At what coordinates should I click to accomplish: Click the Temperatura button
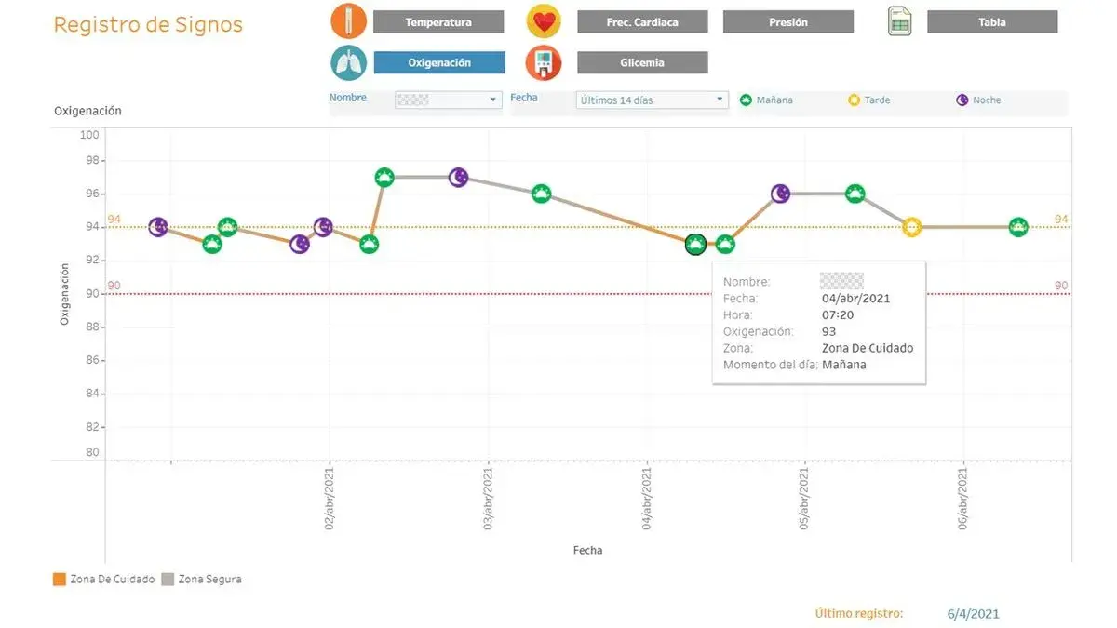[437, 22]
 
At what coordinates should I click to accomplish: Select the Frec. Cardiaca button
[641, 22]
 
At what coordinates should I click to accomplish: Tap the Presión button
[787, 22]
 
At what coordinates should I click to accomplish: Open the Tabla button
[991, 22]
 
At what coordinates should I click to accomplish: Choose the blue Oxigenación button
[438, 63]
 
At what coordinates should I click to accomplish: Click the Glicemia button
[641, 63]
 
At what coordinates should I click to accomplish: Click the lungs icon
[348, 62]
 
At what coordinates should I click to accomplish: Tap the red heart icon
[543, 21]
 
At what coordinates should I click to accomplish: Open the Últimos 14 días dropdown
[652, 100]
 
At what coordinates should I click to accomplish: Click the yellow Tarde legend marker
[854, 100]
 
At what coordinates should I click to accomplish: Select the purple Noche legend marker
[962, 100]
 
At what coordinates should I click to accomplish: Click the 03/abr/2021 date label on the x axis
[488, 498]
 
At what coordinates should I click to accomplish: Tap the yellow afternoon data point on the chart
[911, 227]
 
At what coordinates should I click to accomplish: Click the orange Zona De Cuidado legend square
[60, 579]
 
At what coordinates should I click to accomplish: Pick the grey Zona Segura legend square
[168, 579]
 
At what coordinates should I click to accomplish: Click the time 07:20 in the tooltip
[838, 315]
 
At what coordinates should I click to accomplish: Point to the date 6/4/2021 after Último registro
[973, 613]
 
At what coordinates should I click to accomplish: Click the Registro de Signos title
[148, 25]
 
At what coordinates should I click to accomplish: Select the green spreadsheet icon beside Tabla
[898, 21]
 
